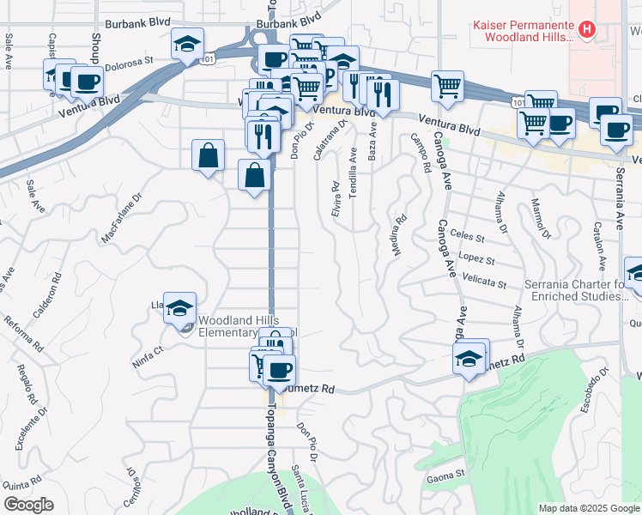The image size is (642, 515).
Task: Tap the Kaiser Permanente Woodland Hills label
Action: [x=524, y=31]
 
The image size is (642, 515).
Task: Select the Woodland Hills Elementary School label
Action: [x=246, y=327]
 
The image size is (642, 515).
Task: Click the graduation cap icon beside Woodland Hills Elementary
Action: [x=179, y=308]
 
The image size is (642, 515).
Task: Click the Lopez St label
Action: [x=476, y=259]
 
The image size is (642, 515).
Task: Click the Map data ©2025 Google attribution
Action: [x=588, y=508]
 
